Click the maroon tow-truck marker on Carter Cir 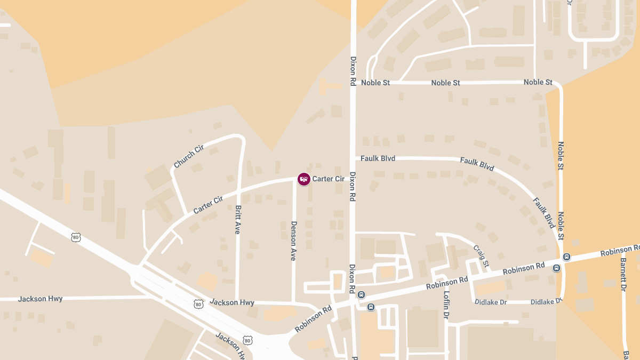[304, 179]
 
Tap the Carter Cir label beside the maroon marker [329, 179]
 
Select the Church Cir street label [189, 156]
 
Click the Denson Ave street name [293, 241]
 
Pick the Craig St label [481, 256]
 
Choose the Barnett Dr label [623, 275]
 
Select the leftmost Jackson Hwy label [40, 299]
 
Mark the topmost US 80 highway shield [76, 237]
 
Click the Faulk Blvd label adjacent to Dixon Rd [378, 158]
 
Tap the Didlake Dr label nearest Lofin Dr [491, 302]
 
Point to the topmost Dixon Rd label [353, 71]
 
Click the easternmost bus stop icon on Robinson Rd [566, 257]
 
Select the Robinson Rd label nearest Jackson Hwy [313, 319]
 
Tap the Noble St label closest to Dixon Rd [375, 83]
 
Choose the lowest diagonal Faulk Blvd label [544, 213]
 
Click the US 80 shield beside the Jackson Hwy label [198, 304]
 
